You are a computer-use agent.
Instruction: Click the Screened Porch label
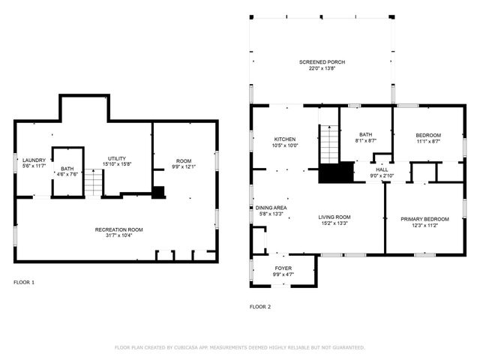322,61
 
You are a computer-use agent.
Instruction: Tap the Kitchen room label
285,139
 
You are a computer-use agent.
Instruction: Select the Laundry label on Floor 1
34,160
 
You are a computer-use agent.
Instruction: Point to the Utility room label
116,159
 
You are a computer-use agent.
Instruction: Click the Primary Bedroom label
424,219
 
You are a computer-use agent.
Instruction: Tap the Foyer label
283,268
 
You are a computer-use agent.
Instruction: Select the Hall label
382,170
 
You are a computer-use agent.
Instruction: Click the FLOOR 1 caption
24,283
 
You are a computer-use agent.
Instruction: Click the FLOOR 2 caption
260,307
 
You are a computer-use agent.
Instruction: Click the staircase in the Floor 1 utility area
92,182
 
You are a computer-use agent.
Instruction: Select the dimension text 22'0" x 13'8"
322,68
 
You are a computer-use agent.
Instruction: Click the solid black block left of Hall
336,172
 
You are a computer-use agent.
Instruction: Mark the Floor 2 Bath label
365,134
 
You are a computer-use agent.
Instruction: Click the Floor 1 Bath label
67,169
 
